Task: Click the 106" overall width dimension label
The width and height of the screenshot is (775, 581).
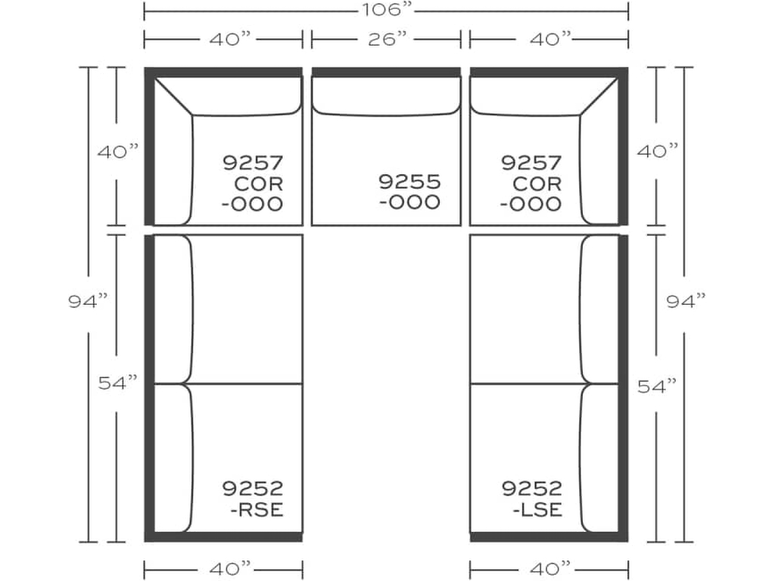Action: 386,11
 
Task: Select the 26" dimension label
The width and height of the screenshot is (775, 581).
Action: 387,39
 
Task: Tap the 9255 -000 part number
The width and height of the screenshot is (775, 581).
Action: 409,192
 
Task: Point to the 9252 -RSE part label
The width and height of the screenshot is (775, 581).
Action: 253,499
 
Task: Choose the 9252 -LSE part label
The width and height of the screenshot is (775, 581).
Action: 532,499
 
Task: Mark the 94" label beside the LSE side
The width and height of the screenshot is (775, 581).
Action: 686,301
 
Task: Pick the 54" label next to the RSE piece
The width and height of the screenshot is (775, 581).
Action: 118,383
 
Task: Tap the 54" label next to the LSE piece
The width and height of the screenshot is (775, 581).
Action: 656,387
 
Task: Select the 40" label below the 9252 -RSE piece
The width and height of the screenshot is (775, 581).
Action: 224,567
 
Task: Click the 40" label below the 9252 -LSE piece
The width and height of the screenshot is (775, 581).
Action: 549,567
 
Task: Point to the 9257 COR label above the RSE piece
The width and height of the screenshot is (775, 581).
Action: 253,183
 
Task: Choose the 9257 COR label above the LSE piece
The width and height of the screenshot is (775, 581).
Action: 532,183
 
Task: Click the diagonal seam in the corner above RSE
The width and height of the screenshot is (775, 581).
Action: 173,96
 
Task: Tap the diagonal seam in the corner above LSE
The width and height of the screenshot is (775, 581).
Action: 599,96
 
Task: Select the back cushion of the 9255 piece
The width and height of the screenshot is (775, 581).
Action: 386,97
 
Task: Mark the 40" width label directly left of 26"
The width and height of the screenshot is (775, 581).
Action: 224,39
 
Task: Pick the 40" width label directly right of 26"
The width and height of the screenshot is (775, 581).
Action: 549,39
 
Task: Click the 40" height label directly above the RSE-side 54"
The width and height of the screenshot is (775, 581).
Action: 118,151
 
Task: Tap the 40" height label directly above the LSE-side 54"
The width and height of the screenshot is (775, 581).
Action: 656,151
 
